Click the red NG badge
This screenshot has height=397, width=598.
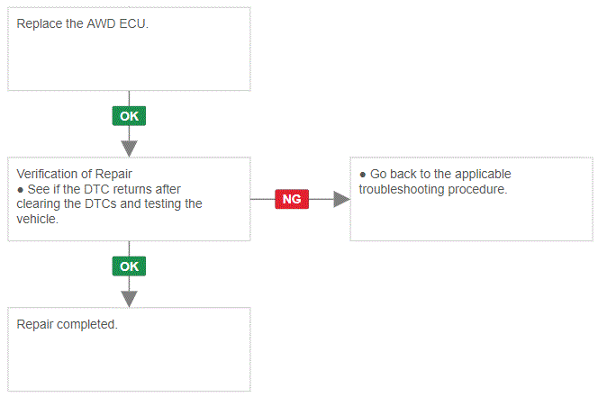pos(292,199)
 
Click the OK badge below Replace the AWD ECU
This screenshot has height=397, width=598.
pos(129,116)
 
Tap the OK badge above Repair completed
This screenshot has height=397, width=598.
pos(129,266)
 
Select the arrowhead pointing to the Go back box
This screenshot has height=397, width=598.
pos(341,199)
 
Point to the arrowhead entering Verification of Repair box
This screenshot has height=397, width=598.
pos(130,149)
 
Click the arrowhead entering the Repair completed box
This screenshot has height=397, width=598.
pos(130,299)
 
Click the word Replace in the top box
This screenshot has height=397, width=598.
pos(40,24)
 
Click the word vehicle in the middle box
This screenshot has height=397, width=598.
pos(36,219)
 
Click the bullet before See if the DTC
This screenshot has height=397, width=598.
pos(21,190)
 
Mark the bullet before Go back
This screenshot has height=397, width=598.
pos(363,175)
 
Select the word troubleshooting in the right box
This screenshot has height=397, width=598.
pos(402,190)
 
